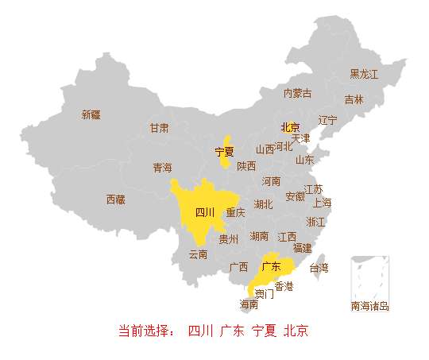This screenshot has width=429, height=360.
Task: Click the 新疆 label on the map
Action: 91,114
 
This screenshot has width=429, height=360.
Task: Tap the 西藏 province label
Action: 116,199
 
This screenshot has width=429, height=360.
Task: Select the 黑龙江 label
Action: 365,74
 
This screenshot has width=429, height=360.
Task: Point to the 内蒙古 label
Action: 298,94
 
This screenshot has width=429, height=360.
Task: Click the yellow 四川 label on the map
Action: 205,212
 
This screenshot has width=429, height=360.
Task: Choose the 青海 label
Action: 163,168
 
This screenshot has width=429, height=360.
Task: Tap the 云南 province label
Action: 198,254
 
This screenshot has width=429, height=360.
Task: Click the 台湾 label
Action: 319,268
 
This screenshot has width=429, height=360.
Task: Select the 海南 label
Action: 249,304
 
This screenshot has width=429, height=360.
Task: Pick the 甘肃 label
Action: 159,128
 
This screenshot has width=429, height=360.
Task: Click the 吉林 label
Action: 354,100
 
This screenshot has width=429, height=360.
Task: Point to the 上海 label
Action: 323,203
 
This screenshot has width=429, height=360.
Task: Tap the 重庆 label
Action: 236,213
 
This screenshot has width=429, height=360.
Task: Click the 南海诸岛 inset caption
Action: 369,306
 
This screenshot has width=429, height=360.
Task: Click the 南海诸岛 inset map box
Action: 369,277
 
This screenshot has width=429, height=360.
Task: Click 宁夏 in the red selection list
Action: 264,331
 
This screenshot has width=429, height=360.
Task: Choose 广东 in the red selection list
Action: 232,331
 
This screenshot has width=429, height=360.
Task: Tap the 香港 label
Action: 284,285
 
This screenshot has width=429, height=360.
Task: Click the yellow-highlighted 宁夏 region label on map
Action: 225,151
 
